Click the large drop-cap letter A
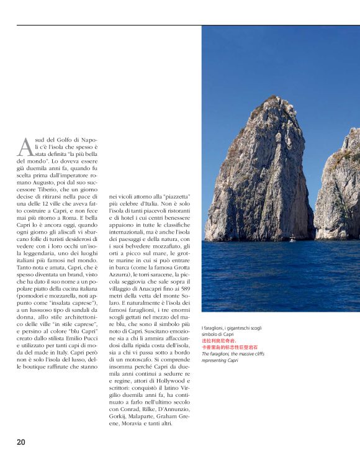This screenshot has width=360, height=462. click(24, 147)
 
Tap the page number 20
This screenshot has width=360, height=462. click(21, 442)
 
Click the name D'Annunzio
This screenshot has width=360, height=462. click(180, 410)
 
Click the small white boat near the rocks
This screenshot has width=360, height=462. click(292, 238)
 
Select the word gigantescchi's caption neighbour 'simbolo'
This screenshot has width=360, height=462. click(214, 335)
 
